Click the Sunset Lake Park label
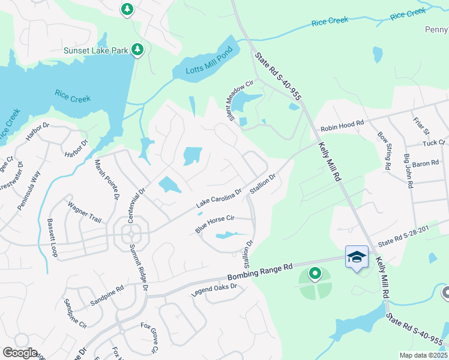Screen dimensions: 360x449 tap(95, 50)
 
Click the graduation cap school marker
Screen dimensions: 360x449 tap(357, 256)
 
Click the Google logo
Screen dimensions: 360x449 tap(19, 353)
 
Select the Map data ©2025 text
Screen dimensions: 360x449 tap(423, 355)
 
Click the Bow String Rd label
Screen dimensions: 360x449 tap(384, 151)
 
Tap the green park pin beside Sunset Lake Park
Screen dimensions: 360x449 tap(137, 49)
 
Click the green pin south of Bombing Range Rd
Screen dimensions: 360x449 tap(315, 274)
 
